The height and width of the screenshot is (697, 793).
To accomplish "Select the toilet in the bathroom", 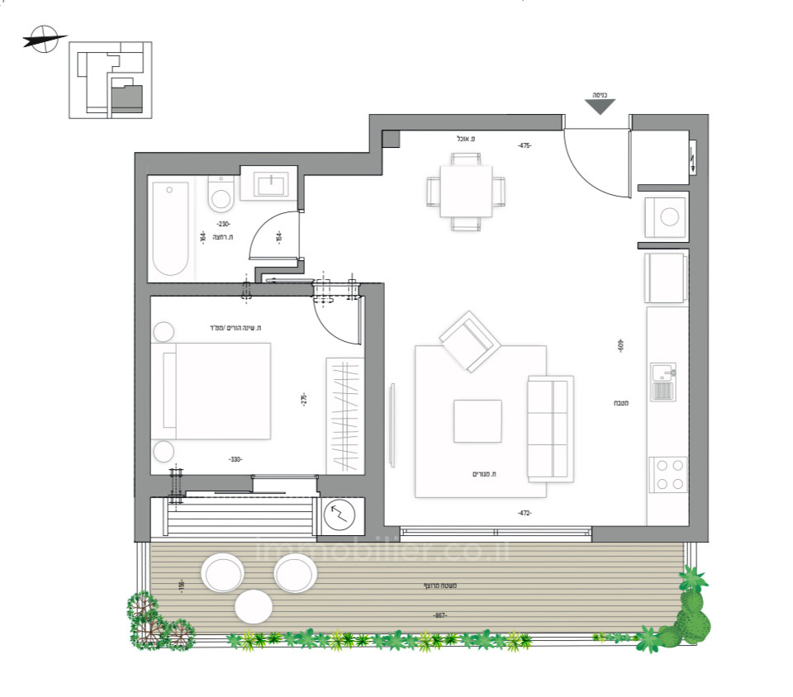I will click(221, 196).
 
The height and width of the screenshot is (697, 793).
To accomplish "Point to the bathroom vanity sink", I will click(269, 184).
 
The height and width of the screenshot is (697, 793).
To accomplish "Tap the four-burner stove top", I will click(668, 474).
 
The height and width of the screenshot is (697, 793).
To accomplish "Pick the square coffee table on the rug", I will click(477, 420).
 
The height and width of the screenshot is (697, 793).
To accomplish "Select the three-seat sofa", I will click(550, 429).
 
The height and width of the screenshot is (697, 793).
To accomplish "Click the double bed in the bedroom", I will click(217, 391).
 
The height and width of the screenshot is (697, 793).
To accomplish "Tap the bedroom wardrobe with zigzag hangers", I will click(344, 415).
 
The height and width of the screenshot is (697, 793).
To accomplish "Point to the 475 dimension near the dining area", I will click(525, 145).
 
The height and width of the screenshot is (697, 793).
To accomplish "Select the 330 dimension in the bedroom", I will click(235, 459).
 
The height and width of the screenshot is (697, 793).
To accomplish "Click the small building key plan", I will click(110, 79).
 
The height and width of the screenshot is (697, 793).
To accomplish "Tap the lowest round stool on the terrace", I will click(254, 607).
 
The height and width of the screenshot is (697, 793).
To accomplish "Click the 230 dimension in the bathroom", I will click(223, 224).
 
